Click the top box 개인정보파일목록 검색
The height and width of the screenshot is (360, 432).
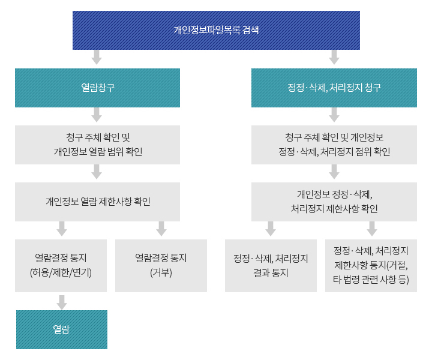point(216,30)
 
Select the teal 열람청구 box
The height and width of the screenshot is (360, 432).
point(97,88)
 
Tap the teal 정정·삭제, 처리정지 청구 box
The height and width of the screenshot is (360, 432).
point(334,88)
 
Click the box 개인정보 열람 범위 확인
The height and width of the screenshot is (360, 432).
point(97,145)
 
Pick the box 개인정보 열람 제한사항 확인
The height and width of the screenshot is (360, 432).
point(97,202)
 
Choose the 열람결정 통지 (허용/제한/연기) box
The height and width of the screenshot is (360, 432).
point(61,266)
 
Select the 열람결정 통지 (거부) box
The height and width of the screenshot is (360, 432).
point(161,266)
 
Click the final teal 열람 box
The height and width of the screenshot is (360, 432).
point(61,329)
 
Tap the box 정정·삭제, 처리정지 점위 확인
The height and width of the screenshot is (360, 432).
point(334,145)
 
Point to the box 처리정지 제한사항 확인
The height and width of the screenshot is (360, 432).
point(334,202)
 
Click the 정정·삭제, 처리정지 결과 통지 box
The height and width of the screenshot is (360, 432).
point(271,266)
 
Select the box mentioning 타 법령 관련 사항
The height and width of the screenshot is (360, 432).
point(371,266)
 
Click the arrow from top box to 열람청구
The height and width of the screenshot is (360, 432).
point(96,58)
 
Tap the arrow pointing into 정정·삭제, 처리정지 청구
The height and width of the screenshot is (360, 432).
point(334,58)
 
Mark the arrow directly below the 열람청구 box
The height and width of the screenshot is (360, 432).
point(96,115)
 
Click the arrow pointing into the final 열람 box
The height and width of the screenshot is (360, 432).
point(61,301)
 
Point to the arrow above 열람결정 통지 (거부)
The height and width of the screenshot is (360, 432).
point(161,229)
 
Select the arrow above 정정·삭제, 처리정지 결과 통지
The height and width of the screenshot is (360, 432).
point(271,229)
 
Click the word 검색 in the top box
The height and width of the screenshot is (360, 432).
point(251,30)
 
